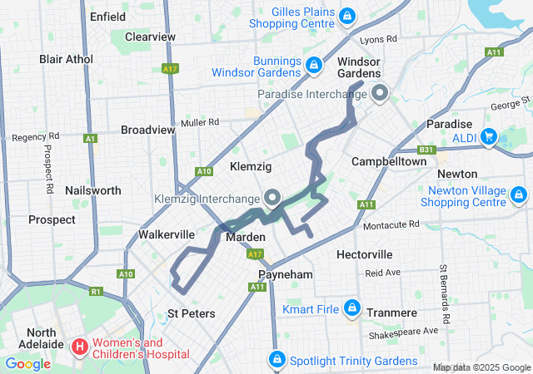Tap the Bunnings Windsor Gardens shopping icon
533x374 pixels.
(x=314, y=64)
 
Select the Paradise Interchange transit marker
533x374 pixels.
(x=380, y=93)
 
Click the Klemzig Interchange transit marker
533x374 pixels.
(x=272, y=198)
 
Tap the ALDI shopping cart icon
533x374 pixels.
(x=489, y=135)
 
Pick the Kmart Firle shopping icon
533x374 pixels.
(x=351, y=308)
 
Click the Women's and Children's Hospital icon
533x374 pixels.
(x=80, y=345)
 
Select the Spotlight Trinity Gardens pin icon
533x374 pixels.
(x=276, y=360)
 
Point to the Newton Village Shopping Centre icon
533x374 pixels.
(x=519, y=196)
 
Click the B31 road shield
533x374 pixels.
(x=426, y=150)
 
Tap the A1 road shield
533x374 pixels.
(x=89, y=139)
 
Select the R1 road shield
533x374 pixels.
(x=96, y=292)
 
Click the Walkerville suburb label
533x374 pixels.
(x=166, y=234)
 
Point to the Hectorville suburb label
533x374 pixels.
(x=364, y=253)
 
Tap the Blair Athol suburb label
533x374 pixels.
(x=67, y=59)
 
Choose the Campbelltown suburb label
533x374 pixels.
(x=389, y=160)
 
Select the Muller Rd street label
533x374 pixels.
(x=200, y=121)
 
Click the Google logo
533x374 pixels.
(x=28, y=363)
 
